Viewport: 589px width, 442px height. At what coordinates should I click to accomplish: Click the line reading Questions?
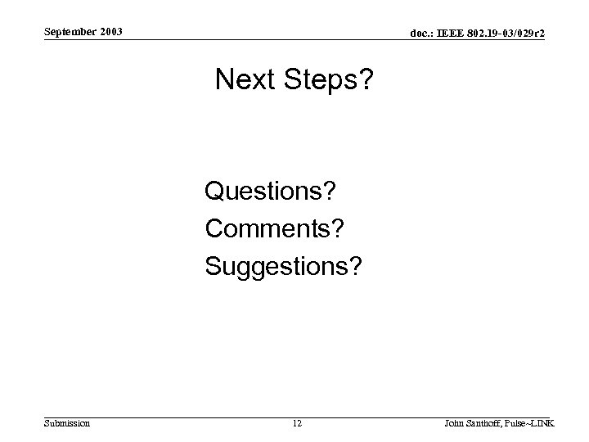[x=272, y=192]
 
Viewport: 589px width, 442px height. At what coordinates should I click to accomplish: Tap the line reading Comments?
[x=275, y=228]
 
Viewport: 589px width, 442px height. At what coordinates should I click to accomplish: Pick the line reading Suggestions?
[x=283, y=267]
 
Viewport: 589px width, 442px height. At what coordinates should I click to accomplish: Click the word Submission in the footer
[x=68, y=422]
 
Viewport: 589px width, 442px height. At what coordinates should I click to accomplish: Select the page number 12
[x=296, y=422]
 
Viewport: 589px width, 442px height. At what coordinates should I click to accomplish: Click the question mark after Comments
[x=337, y=228]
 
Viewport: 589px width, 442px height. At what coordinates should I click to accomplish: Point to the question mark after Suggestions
[x=353, y=266]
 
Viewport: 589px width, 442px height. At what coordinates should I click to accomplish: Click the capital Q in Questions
[x=214, y=192]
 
